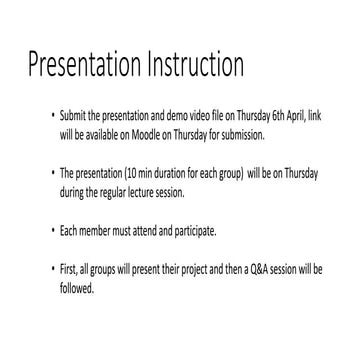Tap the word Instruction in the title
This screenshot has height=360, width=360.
tap(192, 66)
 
